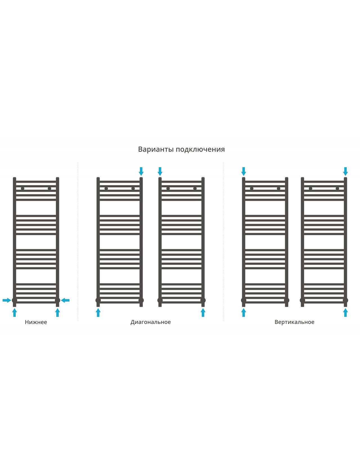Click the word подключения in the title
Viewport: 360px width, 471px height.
coord(200,150)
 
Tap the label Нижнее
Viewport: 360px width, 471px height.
coord(36,322)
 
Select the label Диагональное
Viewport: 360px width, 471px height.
coord(150,322)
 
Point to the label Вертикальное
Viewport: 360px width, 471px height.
coord(294,322)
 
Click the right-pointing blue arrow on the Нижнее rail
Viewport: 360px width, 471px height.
coord(7,300)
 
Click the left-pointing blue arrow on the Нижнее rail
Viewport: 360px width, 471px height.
coord(65,300)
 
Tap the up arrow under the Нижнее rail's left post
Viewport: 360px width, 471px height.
coord(15,312)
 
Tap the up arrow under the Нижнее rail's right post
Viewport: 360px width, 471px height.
coord(57,312)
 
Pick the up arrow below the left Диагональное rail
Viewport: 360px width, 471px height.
coord(98,312)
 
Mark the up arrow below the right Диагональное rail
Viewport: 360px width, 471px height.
coord(203,312)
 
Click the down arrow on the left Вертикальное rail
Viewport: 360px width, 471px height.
coord(244,172)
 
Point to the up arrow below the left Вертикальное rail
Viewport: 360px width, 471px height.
coord(244,312)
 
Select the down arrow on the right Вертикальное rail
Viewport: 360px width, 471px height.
coord(345,172)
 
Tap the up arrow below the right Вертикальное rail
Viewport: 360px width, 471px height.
coord(345,312)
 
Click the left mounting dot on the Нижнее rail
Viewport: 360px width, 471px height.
coord(22,189)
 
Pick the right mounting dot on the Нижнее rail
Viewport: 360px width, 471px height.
coord(49,189)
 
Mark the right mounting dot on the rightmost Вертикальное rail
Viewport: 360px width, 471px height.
coord(337,189)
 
